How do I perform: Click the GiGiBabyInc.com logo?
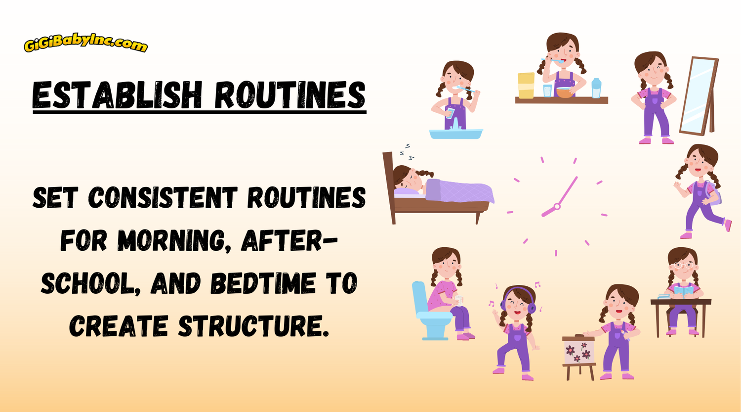pyautogui.click(x=85, y=44)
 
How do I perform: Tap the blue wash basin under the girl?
pyautogui.click(x=455, y=134)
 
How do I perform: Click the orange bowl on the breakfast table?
pyautogui.click(x=565, y=92)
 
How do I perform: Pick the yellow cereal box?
pyautogui.click(x=526, y=85)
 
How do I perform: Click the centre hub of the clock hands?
pyautogui.click(x=557, y=206)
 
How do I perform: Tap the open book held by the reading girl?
pyautogui.click(x=684, y=291)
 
